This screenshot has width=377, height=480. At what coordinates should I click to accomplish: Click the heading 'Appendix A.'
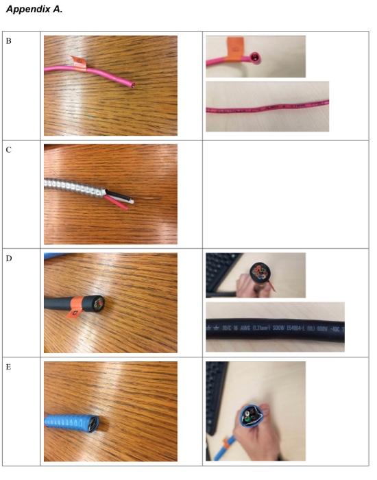(34, 9)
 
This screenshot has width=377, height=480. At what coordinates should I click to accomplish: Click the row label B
(9, 41)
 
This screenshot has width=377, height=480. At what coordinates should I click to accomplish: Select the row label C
(9, 149)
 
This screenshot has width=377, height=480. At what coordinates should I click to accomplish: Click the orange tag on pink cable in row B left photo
(80, 65)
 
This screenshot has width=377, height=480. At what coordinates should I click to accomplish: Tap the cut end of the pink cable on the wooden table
(133, 84)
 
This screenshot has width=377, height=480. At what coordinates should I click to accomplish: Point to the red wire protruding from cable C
(118, 202)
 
